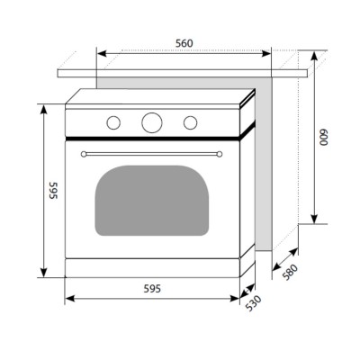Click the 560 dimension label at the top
pos(184,43)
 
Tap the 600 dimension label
pos(323,138)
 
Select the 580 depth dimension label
pos(291,272)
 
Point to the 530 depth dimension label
pos(254,303)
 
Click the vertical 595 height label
pos(53,191)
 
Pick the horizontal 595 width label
pos(152,289)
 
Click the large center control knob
pos(152,122)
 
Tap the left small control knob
pos(113,122)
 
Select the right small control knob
pos(191,122)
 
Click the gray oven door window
pos(152,201)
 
